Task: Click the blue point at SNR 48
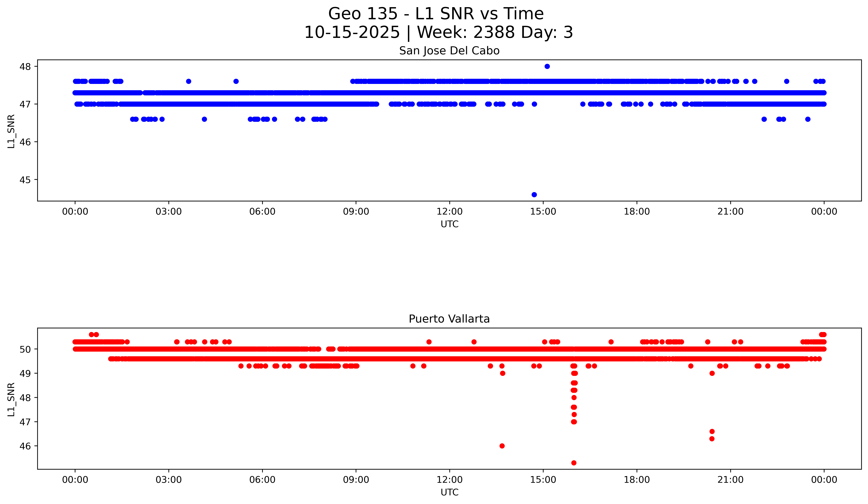point(547,66)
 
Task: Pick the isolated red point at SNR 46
point(502,446)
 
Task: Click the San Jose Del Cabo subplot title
point(449,51)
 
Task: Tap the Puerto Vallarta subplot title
point(449,319)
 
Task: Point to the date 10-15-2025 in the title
point(352,32)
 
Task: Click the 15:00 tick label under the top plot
point(543,212)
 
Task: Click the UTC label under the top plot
point(450,224)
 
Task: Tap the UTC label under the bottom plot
point(450,492)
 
